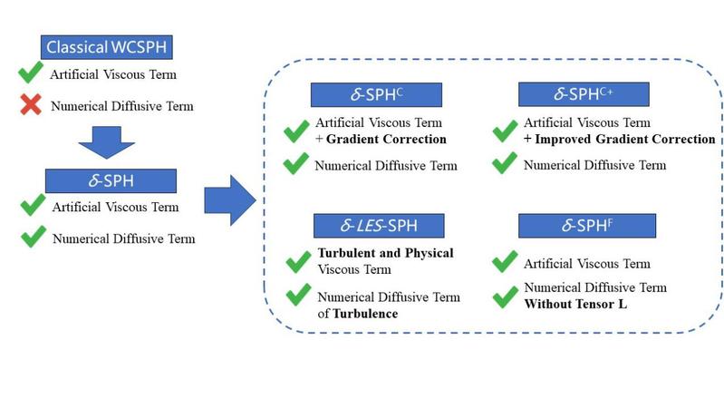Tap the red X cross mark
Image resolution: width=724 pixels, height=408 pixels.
(31, 106)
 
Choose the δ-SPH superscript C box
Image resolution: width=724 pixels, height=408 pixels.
(375, 95)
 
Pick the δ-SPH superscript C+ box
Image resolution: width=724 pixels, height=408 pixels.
(584, 94)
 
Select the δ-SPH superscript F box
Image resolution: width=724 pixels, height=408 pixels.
(584, 224)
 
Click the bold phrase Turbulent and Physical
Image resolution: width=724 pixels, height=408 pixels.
(385, 253)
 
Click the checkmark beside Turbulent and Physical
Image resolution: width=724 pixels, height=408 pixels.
(298, 262)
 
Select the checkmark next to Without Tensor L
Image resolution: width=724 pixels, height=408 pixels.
(505, 296)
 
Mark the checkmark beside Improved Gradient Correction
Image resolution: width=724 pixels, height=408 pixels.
(505, 131)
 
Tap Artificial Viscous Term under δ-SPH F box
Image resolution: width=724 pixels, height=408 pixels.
(586, 264)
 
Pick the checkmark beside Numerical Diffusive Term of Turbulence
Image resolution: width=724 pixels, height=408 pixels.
(298, 296)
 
